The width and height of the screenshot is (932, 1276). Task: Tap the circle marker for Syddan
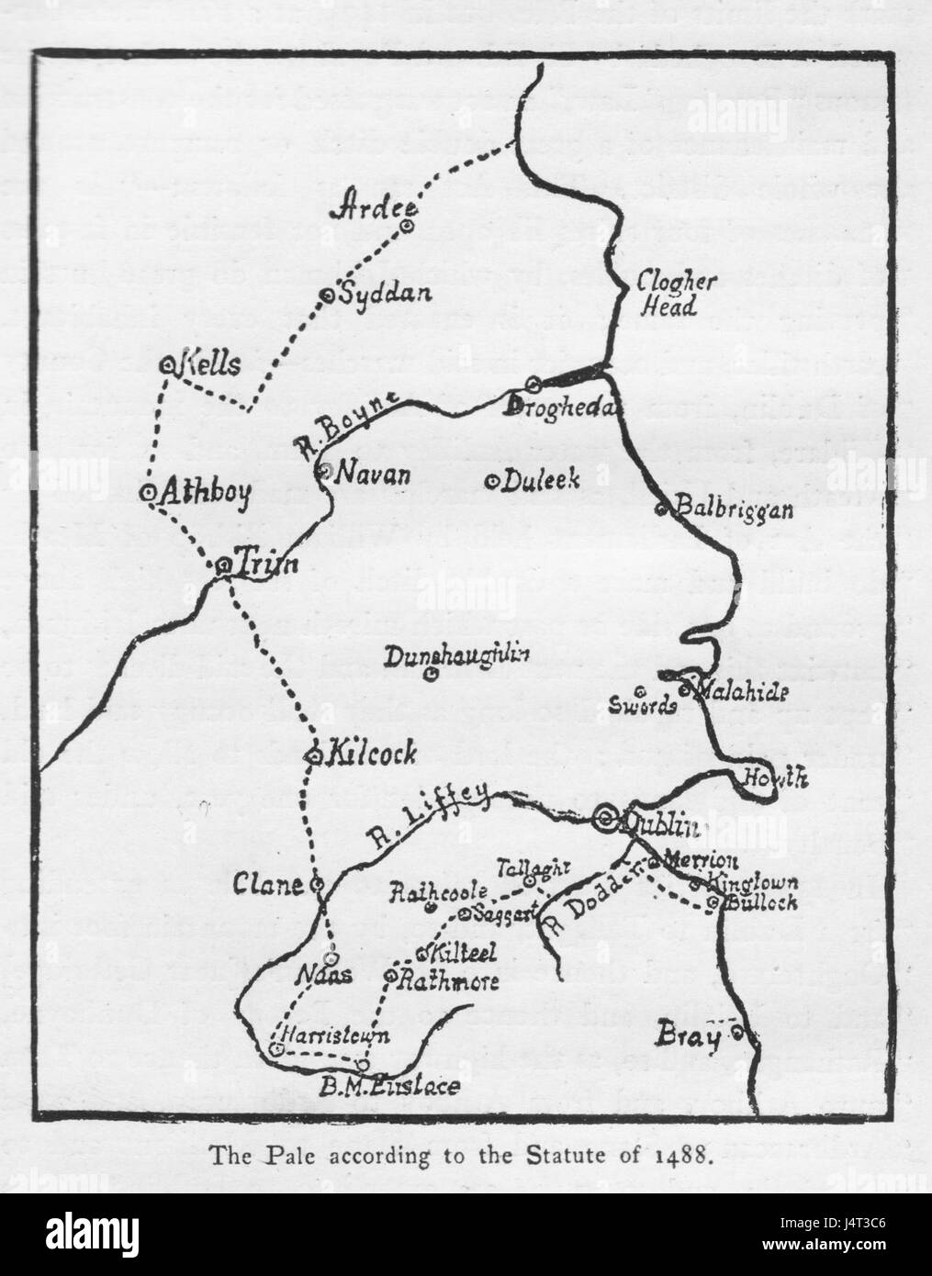pyautogui.click(x=326, y=296)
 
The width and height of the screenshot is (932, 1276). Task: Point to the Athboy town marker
pyautogui.click(x=146, y=492)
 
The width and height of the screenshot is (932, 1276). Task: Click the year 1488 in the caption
pyautogui.click(x=687, y=1155)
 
